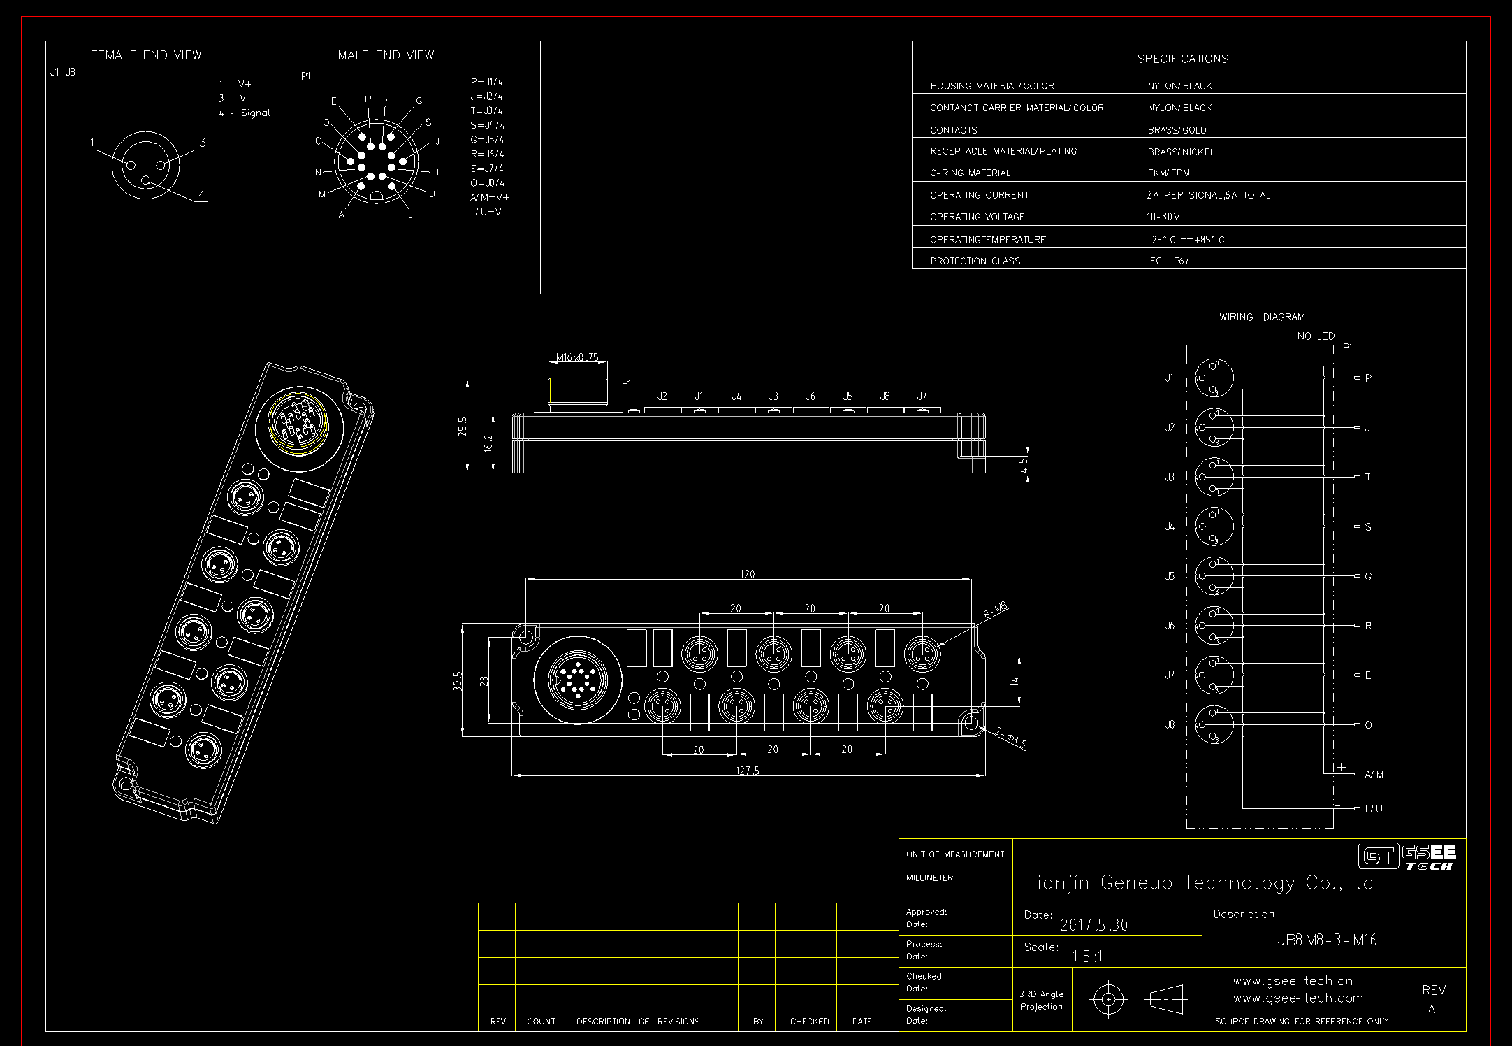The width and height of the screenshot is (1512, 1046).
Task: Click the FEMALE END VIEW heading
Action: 146,55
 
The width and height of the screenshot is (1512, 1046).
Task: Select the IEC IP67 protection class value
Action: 1168,261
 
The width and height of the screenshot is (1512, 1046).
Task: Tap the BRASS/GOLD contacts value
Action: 1177,130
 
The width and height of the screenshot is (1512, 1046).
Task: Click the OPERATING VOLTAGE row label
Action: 977,217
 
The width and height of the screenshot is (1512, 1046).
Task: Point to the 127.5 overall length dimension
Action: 747,771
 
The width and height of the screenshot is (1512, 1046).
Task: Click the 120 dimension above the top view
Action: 747,574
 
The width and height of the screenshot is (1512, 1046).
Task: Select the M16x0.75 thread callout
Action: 577,357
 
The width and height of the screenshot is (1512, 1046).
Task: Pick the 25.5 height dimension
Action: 462,427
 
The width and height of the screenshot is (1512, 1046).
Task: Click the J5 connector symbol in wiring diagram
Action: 1214,576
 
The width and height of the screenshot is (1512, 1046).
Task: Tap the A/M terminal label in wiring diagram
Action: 1374,774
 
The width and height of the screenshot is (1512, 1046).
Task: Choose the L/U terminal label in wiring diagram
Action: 1373,809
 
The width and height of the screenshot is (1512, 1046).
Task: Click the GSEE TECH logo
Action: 1407,857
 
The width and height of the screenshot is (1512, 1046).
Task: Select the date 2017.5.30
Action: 1094,925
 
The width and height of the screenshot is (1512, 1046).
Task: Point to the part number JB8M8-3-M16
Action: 1326,940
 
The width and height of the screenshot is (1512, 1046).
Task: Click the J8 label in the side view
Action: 885,396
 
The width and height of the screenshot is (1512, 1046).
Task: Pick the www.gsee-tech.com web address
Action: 1297,998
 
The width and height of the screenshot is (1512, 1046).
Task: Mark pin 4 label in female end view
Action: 202,195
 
